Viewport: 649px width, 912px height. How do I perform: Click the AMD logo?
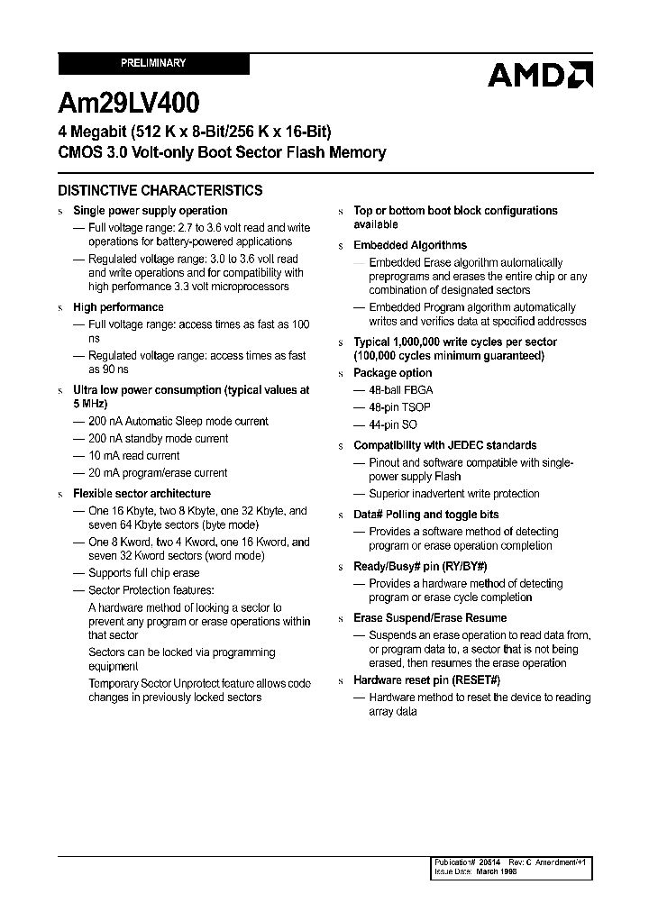tap(540, 75)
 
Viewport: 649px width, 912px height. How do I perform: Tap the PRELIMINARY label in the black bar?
tap(153, 63)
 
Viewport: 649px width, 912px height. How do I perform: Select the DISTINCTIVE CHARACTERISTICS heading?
tap(160, 190)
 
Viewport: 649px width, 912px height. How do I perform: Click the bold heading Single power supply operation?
tap(150, 211)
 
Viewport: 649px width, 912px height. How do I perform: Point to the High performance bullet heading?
tap(118, 307)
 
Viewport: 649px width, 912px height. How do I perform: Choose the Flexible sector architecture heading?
tap(142, 494)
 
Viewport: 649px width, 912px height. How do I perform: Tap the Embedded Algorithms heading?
tap(410, 245)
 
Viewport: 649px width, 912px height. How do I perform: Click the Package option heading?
tap(392, 373)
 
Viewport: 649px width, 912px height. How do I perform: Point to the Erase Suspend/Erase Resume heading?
tap(430, 618)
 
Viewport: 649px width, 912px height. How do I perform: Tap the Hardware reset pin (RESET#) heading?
tap(426, 680)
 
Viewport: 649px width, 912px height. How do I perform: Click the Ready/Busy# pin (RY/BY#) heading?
tap(420, 567)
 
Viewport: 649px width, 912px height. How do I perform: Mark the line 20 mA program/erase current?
tap(158, 473)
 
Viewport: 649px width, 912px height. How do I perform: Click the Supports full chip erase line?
tap(143, 573)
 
